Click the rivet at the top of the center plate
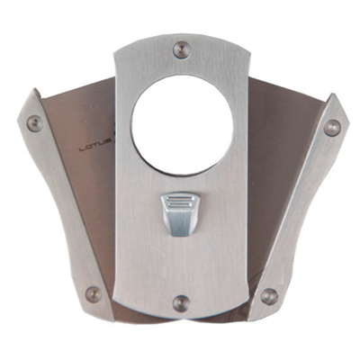pos(181,49)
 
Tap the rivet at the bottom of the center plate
pos(181,302)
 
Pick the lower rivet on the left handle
pos(93,293)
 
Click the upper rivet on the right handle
pos(332,127)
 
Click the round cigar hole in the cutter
pos(181,122)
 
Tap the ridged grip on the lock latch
pos(181,204)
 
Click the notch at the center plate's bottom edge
pos(181,319)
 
